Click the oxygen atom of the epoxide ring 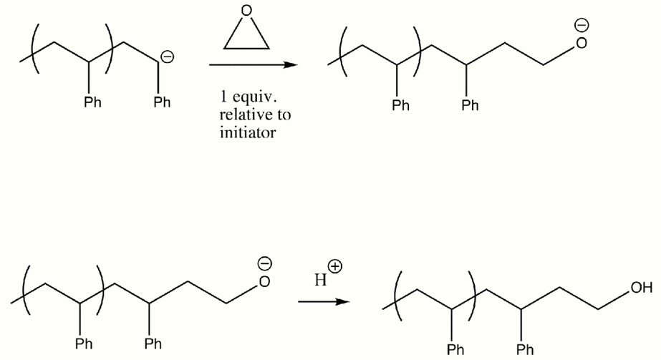(x=246, y=11)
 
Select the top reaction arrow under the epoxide (x=254, y=65)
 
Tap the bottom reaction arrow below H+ (x=324, y=301)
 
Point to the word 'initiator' (x=248, y=132)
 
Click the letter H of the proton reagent (x=320, y=280)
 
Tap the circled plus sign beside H (x=336, y=266)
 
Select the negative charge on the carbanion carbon (x=168, y=57)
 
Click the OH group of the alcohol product (x=641, y=288)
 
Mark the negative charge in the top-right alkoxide (x=582, y=25)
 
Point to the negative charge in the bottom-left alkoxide (x=265, y=263)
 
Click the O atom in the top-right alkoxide (x=582, y=43)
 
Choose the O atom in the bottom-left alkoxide (x=265, y=281)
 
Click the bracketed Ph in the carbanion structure (x=93, y=102)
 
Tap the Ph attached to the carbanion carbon (x=162, y=102)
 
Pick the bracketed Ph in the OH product (x=455, y=349)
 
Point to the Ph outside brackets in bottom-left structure (x=153, y=344)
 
